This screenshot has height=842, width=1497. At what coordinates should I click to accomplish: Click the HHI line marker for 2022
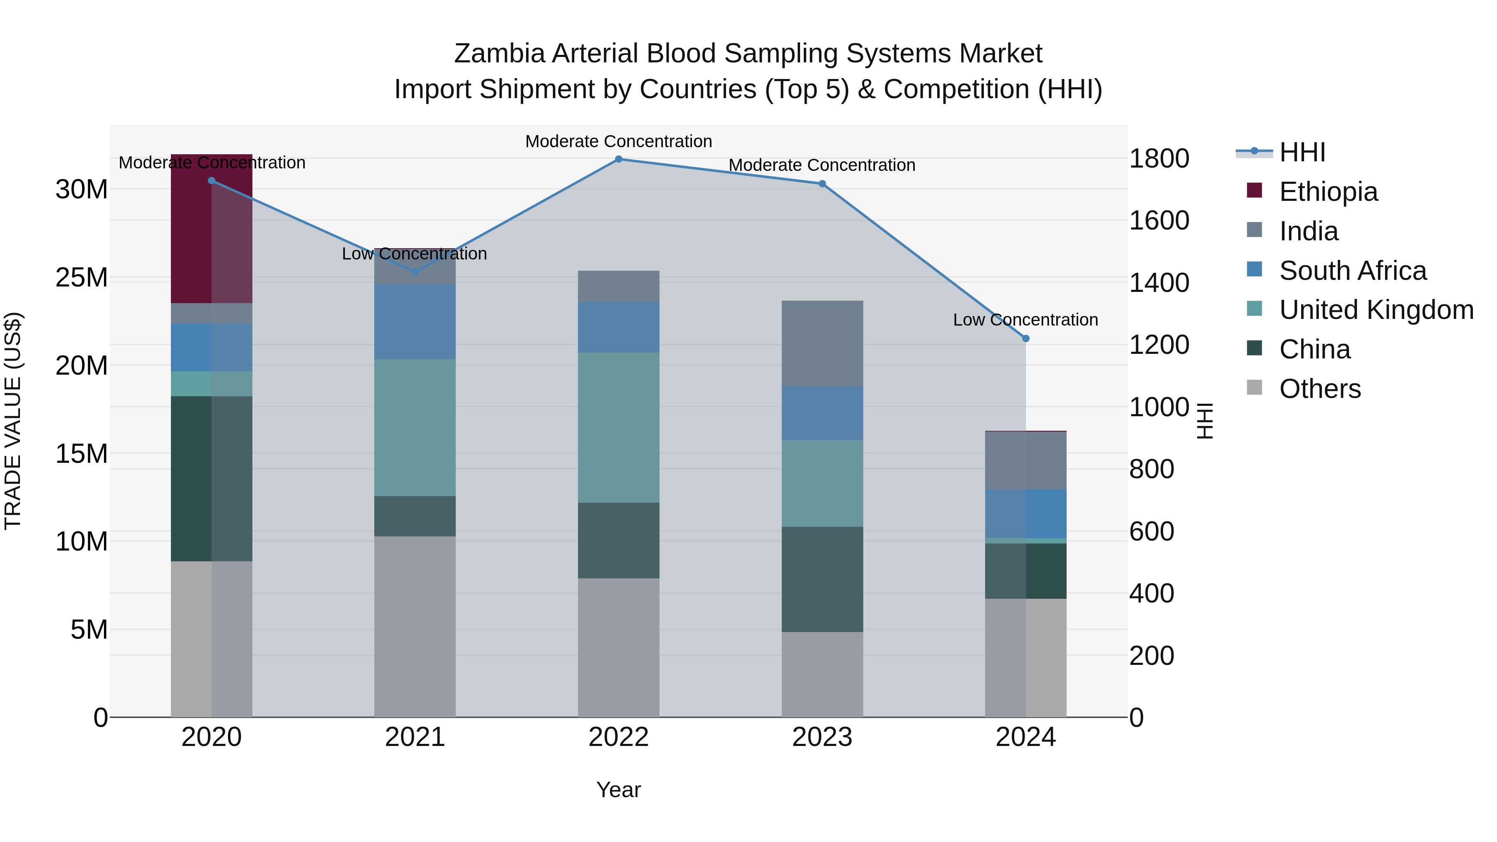click(x=618, y=159)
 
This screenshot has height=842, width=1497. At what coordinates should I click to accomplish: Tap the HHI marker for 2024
click(x=1026, y=338)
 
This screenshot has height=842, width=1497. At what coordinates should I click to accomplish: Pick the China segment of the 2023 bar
click(x=822, y=579)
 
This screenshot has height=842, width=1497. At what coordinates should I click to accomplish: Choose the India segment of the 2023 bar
click(x=822, y=343)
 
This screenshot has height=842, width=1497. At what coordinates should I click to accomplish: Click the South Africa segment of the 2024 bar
click(x=1026, y=514)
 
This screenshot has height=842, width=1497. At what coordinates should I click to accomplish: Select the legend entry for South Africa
click(x=1352, y=271)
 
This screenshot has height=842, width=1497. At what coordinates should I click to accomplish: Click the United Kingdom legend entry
click(x=1376, y=310)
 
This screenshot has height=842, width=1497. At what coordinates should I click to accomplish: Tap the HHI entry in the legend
click(x=1302, y=152)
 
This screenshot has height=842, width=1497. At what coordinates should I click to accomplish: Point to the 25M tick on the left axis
click(x=82, y=278)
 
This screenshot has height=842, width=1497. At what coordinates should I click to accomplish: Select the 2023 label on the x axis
click(x=822, y=737)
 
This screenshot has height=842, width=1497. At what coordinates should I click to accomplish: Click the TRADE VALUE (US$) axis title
click(x=13, y=421)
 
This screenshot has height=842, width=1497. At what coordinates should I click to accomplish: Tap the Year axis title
click(x=618, y=790)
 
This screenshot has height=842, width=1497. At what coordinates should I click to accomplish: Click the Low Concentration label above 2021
click(x=414, y=254)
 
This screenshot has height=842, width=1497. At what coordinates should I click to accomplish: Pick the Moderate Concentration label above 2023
click(x=822, y=165)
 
